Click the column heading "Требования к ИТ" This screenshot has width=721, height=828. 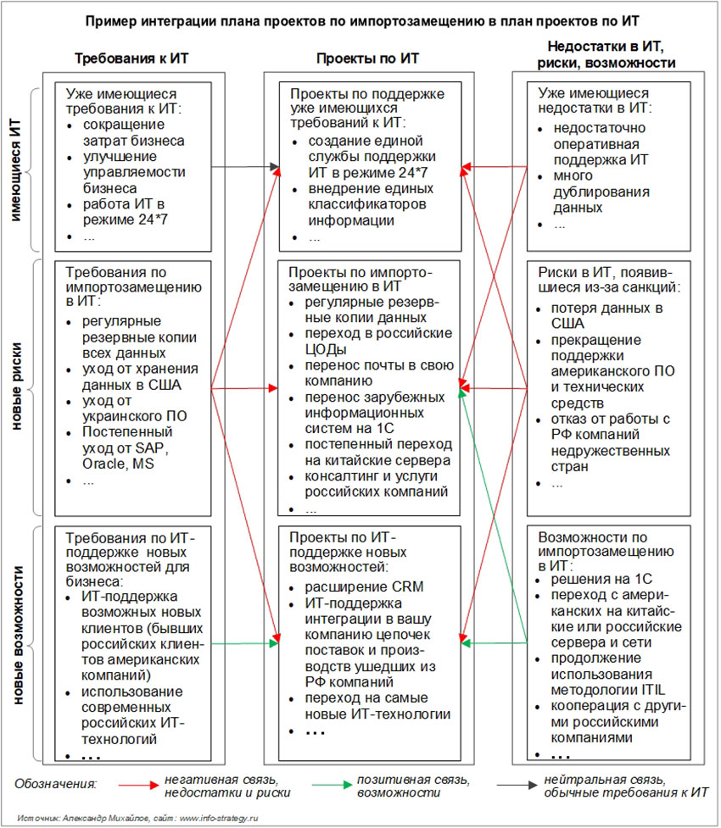coord(131,58)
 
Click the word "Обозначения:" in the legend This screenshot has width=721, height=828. coord(56,785)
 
